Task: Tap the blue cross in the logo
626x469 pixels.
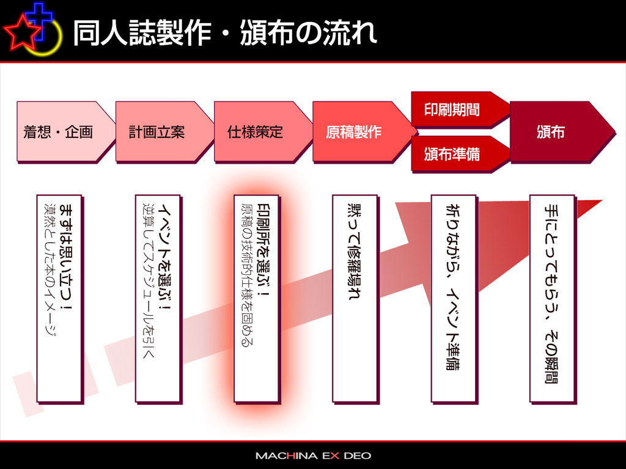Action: [x=39, y=21]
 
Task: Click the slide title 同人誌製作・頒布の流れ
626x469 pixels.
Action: [x=225, y=32]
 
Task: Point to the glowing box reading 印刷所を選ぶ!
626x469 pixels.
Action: [x=256, y=299]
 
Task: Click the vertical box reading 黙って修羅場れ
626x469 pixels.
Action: [x=355, y=299]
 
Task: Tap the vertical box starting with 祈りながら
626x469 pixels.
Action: [x=454, y=299]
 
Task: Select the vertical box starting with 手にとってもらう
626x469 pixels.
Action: [x=553, y=299]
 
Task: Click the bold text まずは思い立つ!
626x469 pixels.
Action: [x=66, y=258]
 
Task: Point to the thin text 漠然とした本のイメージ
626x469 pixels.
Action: [x=50, y=269]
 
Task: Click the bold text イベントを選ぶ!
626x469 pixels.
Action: [x=165, y=258]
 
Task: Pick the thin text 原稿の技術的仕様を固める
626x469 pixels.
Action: [x=248, y=275]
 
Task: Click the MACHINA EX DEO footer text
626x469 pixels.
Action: [x=314, y=456]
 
